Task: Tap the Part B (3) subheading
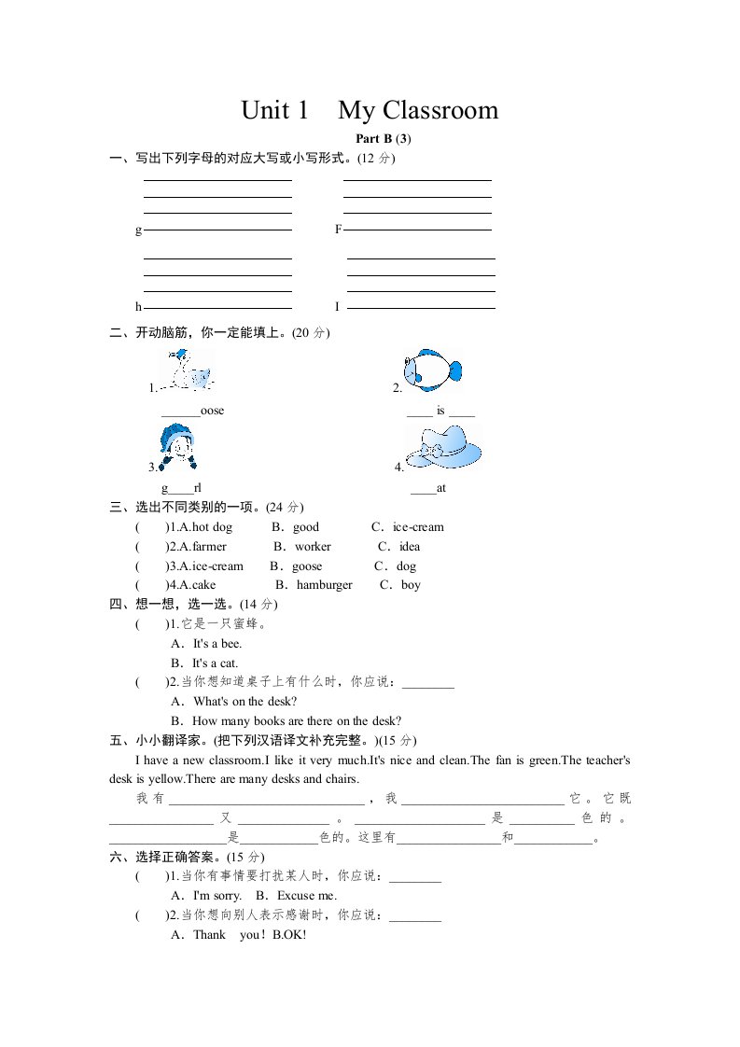[x=383, y=139]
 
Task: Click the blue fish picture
[x=432, y=370]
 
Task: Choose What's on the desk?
[x=245, y=702]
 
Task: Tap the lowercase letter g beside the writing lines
[x=138, y=230]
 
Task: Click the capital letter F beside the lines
[x=338, y=229]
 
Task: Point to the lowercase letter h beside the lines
[x=138, y=306]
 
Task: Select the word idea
[x=410, y=547]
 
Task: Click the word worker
[x=314, y=547]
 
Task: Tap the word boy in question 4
[x=411, y=585]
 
